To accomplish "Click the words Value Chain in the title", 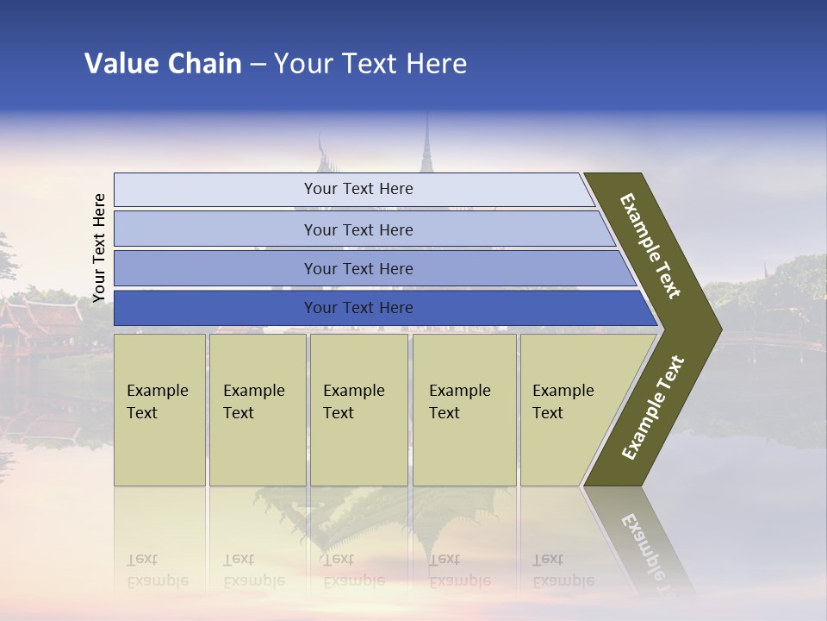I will click(x=163, y=64).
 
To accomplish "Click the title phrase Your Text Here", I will click(x=370, y=64).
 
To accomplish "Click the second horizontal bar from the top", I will click(x=358, y=229).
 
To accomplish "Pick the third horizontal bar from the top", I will click(x=358, y=268).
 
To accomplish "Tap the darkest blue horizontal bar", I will click(x=358, y=308).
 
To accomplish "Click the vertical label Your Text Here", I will click(x=99, y=248).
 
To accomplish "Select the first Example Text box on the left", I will click(x=159, y=410).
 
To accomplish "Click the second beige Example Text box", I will click(x=257, y=410).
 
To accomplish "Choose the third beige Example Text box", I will click(x=358, y=410).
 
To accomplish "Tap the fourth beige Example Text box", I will click(x=463, y=410).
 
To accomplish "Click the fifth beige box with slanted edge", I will click(x=569, y=410).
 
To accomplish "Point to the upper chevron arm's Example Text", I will click(x=650, y=246).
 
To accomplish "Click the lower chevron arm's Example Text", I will click(x=653, y=407).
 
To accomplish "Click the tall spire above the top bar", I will click(x=426, y=147).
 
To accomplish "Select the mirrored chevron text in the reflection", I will click(x=644, y=552).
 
